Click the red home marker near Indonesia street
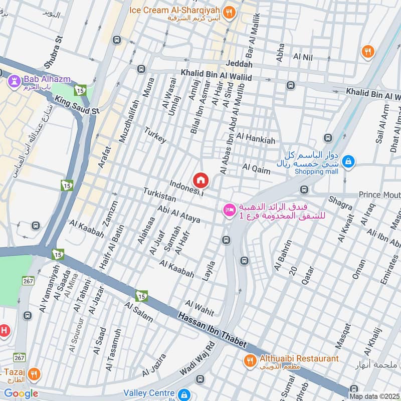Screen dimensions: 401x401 (201, 180)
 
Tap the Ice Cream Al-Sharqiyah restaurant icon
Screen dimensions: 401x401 (229, 13)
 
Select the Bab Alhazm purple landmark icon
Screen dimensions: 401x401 (14, 79)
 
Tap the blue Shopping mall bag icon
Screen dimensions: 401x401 (349, 162)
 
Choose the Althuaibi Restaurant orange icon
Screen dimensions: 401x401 (249, 359)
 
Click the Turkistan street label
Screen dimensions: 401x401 (159, 195)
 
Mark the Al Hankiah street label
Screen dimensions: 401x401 (256, 139)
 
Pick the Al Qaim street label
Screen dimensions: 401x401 (256, 168)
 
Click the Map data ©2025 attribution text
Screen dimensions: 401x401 (373, 396)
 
